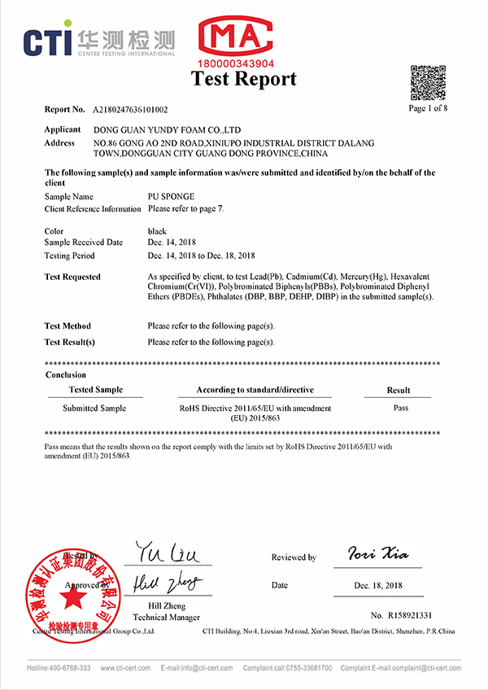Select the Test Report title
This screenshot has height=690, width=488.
tap(244, 79)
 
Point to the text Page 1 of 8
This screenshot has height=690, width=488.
tap(428, 107)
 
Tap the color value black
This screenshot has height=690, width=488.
tap(157, 231)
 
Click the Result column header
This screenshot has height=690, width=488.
tap(399, 391)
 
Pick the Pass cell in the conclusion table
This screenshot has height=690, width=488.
tap(399, 408)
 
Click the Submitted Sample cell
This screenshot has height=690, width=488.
tap(94, 408)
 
